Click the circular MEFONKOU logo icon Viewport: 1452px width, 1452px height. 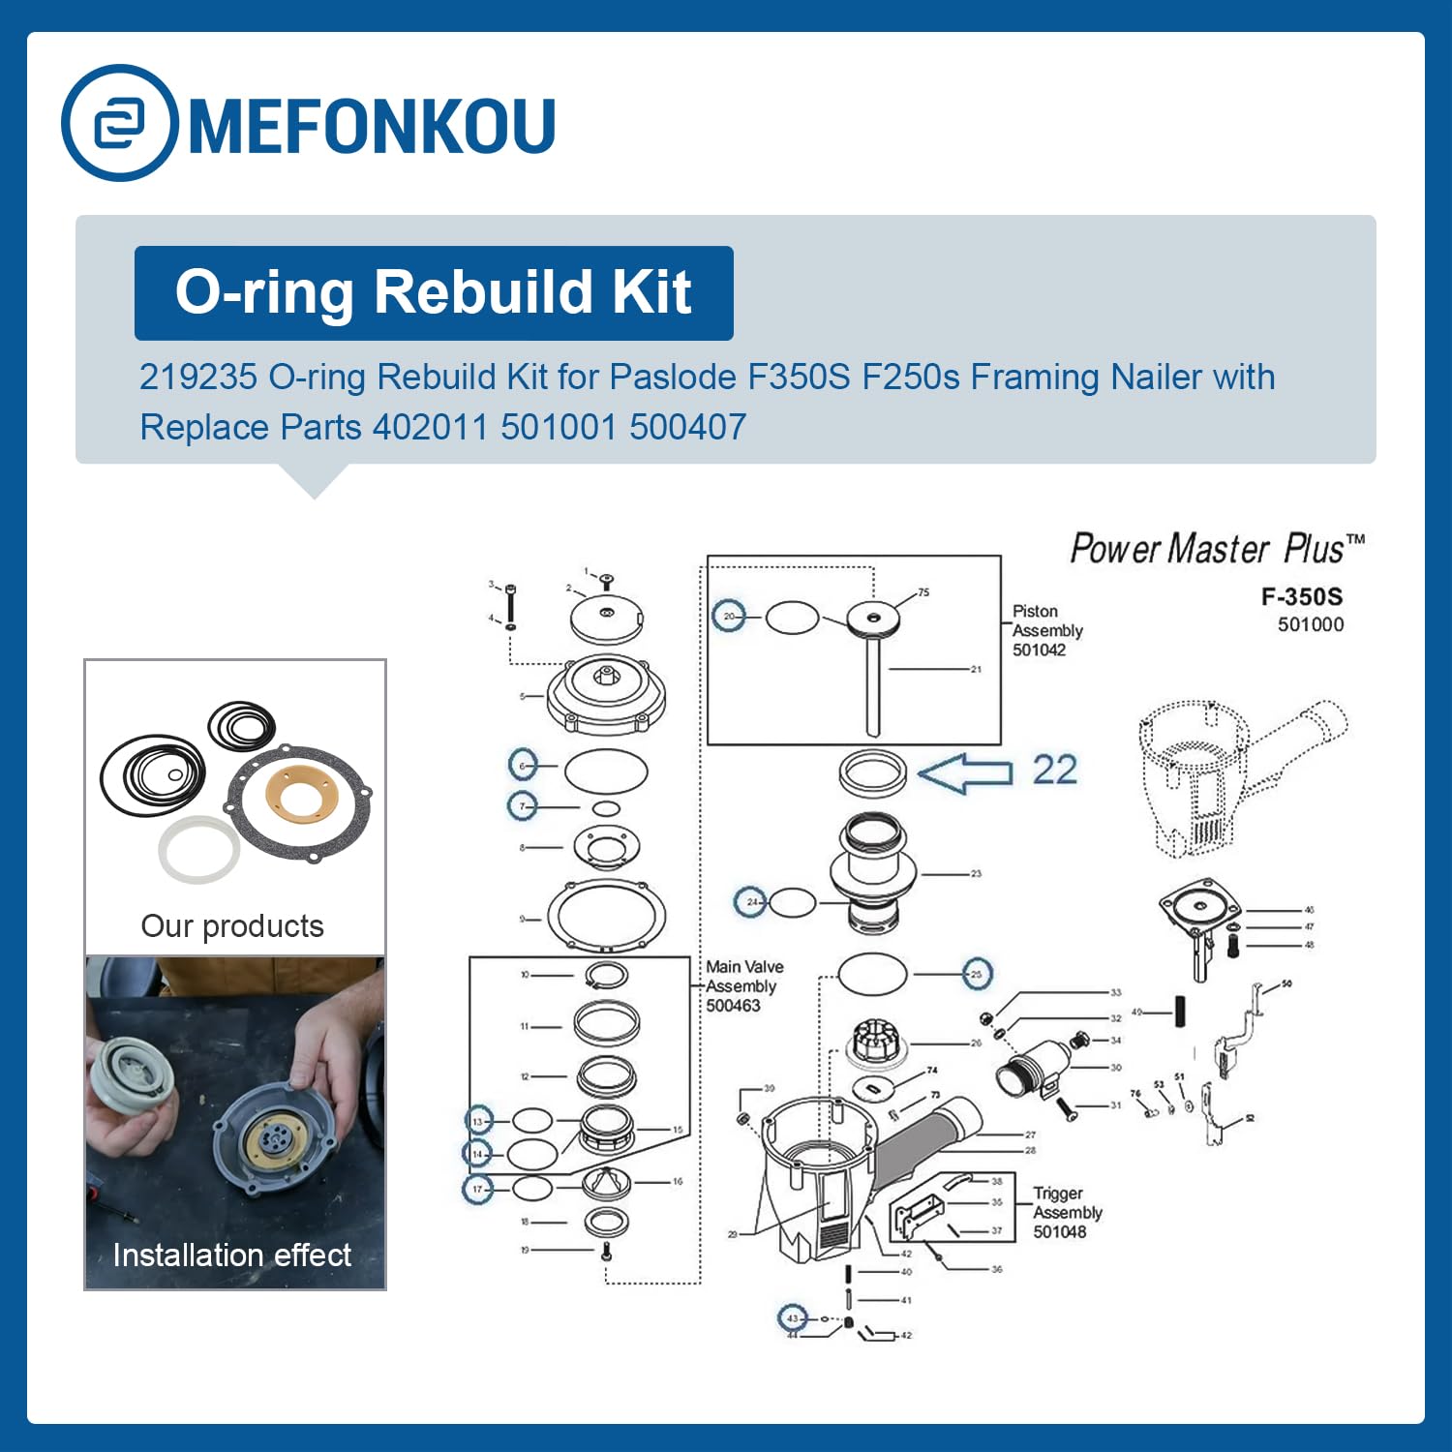[119, 123]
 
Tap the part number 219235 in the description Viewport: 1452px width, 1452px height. [198, 377]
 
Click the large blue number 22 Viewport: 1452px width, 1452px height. [1054, 771]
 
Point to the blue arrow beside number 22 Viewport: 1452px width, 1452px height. [964, 772]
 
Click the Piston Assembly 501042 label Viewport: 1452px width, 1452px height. [1045, 630]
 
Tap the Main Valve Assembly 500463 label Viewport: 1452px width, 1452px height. [743, 985]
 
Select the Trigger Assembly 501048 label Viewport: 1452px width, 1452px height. [1066, 1212]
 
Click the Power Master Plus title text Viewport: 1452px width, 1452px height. [1216, 549]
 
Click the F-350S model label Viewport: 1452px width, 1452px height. [1301, 596]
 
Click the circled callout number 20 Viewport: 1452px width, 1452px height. [729, 616]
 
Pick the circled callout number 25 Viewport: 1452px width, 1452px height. [977, 974]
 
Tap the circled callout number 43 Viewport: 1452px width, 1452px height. [793, 1317]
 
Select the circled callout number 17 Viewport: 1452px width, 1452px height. [477, 1189]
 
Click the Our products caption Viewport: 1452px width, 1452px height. [232, 926]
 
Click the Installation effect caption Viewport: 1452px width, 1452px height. [232, 1255]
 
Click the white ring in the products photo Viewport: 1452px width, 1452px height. [198, 850]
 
